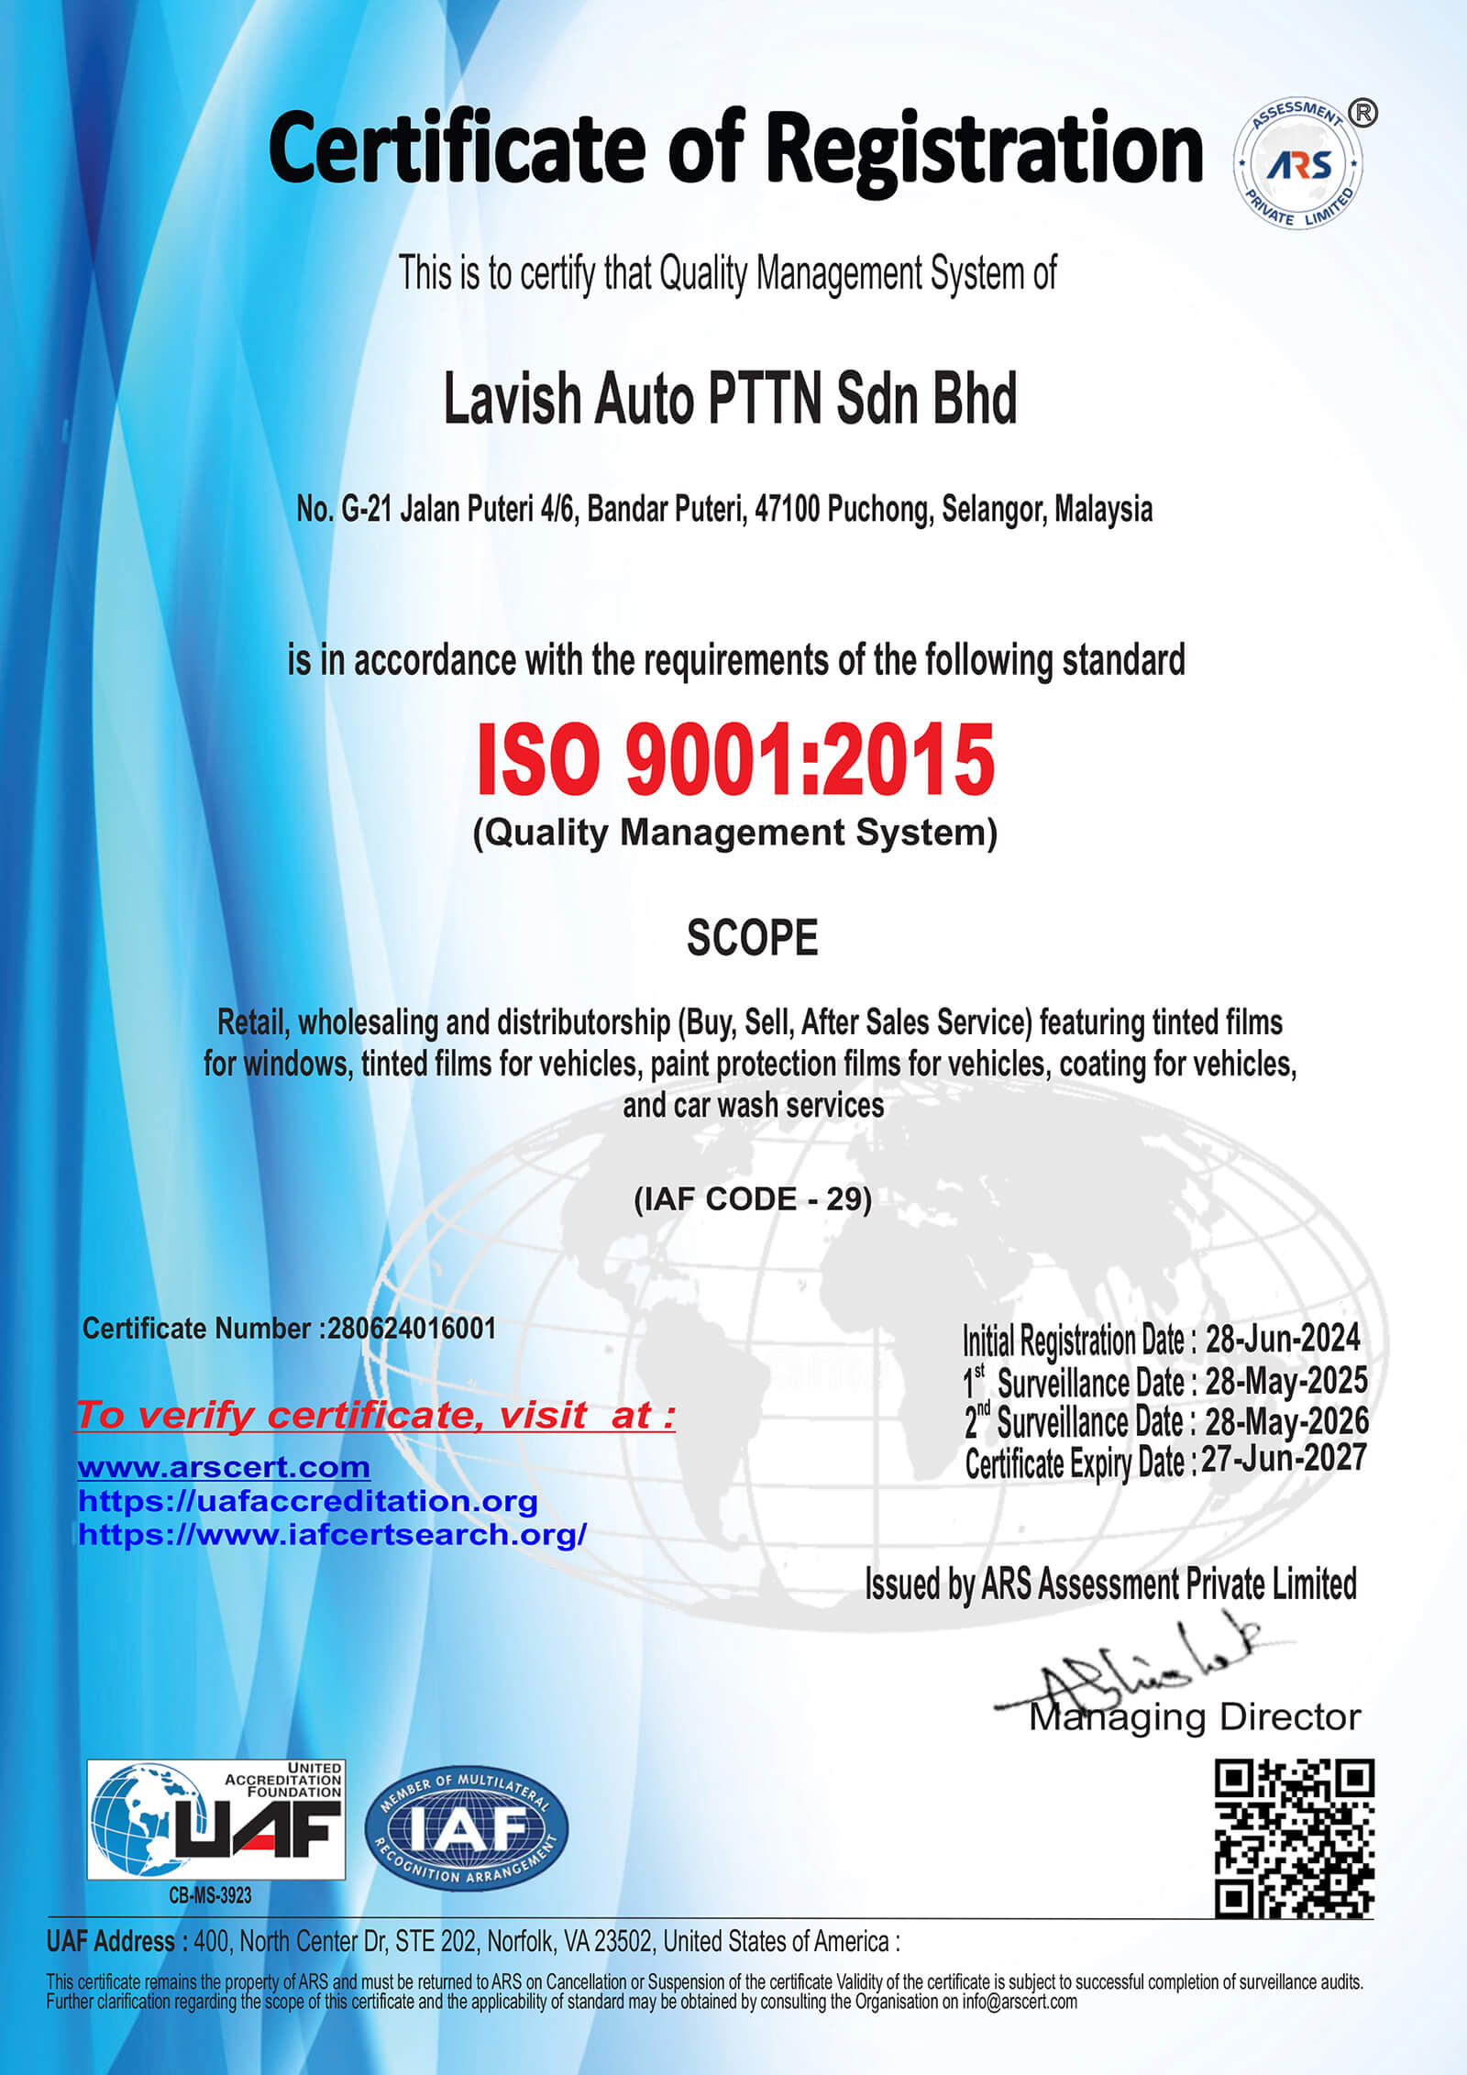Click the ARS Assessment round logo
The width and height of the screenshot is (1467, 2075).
pyautogui.click(x=1297, y=165)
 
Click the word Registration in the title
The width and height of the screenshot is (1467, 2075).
pyautogui.click(x=984, y=149)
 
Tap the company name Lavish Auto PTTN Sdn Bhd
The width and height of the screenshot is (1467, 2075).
pyautogui.click(x=731, y=400)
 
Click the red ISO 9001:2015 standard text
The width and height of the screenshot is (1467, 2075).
pyautogui.click(x=735, y=759)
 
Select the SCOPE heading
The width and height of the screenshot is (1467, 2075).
pyautogui.click(x=752, y=938)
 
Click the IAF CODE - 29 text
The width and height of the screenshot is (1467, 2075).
pyautogui.click(x=752, y=1199)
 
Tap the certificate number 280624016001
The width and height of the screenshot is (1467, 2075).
pyautogui.click(x=412, y=1329)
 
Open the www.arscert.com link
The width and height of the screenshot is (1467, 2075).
pyautogui.click(x=224, y=1467)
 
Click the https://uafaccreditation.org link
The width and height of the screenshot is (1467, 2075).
pyautogui.click(x=307, y=1501)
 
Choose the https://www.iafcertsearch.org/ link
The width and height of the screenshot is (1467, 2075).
pyautogui.click(x=332, y=1534)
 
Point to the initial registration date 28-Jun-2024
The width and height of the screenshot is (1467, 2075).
pyautogui.click(x=1282, y=1340)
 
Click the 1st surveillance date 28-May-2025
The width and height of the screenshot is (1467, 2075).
pyautogui.click(x=1285, y=1381)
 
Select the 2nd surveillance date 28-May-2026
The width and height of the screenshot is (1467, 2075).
pyautogui.click(x=1285, y=1421)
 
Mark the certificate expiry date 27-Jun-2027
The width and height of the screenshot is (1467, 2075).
pyautogui.click(x=1284, y=1459)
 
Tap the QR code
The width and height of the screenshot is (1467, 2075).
pyautogui.click(x=1294, y=1838)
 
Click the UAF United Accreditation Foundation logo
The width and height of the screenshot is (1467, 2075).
pyautogui.click(x=216, y=1819)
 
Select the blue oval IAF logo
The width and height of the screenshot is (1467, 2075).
pyautogui.click(x=467, y=1827)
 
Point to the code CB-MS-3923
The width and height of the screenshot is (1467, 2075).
pyautogui.click(x=210, y=1895)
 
